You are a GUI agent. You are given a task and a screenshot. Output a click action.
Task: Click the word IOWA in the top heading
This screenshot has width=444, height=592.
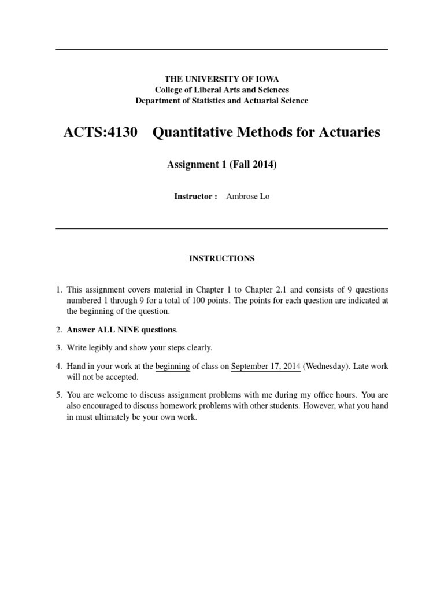[x=268, y=79]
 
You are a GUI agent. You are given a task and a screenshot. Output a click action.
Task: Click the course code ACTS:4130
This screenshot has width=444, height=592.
[x=101, y=132]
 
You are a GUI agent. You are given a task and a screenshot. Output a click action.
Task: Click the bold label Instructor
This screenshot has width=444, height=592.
[x=194, y=197]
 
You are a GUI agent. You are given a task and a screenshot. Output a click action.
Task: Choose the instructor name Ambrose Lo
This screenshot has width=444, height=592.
[x=247, y=197]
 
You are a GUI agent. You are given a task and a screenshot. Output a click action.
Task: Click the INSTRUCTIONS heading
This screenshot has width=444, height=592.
[x=221, y=259]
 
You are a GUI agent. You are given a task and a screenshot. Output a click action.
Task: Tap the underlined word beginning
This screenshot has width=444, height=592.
[x=173, y=366]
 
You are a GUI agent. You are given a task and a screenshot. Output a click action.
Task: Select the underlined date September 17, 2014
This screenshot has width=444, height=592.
[x=265, y=366]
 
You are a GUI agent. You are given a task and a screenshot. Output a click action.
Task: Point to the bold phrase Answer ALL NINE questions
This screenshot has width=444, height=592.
[x=122, y=330]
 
